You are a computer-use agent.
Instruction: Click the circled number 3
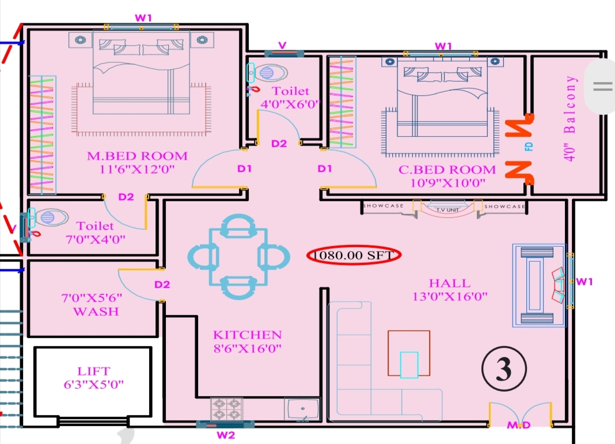tap(504, 369)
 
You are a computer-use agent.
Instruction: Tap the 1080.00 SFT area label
tap(354, 255)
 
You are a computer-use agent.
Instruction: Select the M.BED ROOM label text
tap(137, 156)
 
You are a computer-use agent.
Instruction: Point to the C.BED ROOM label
tap(447, 170)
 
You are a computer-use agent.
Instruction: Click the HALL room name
tap(450, 284)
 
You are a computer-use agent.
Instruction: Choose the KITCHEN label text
tap(248, 335)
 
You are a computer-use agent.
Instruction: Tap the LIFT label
tap(94, 371)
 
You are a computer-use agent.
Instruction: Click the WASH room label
tap(96, 312)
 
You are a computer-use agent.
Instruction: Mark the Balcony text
tap(570, 105)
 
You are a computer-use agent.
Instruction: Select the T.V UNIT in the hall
tap(447, 210)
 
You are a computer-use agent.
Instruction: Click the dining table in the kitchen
tap(238, 257)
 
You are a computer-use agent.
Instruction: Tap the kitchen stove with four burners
tap(227, 409)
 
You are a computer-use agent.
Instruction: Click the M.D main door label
tap(519, 425)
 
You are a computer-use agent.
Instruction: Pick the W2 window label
tap(226, 435)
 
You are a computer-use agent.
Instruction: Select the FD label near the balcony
tap(529, 147)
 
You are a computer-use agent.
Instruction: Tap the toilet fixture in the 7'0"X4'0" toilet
tap(47, 217)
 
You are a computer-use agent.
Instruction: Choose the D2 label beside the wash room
tap(162, 285)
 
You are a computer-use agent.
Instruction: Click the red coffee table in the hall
tap(409, 353)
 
